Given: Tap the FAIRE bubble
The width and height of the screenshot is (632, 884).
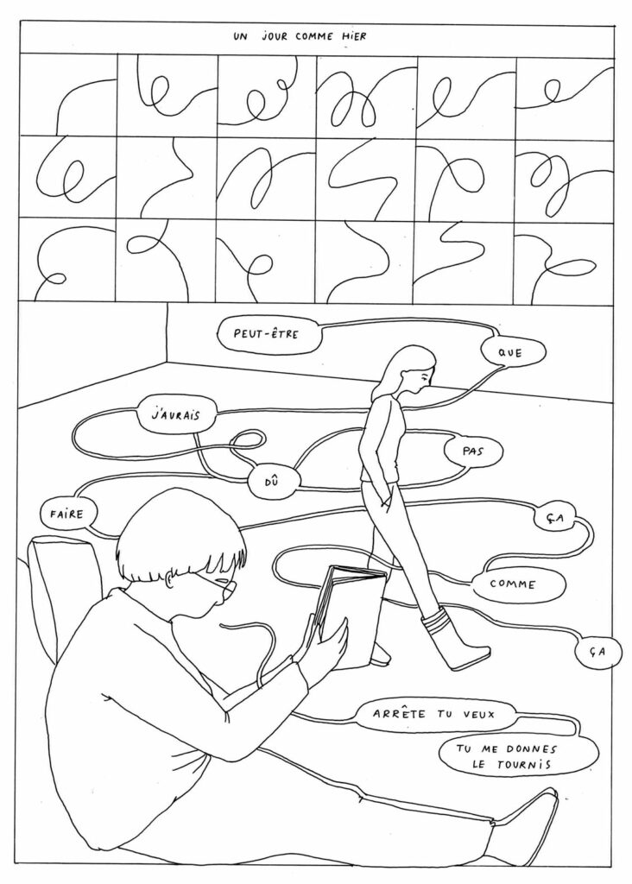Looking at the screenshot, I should [66, 512].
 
